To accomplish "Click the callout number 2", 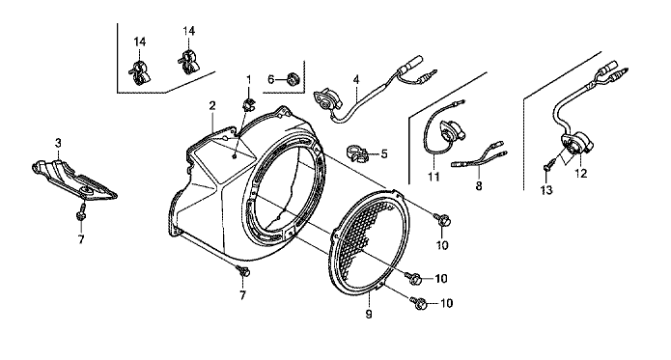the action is coord(211,105).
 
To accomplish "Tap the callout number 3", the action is coord(58,143).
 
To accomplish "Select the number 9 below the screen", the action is coord(369,315).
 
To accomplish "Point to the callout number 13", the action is coord(546,190).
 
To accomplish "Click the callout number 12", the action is coord(581,173).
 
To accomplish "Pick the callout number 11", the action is coord(433,177).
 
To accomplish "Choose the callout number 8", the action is coord(479,186).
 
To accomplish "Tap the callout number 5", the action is coord(384,153).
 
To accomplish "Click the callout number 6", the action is coord(270,79).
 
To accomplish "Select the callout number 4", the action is coord(356,79).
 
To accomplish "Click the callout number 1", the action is coord(249,79).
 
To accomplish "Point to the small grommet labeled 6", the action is coord(293,79).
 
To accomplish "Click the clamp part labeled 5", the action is coord(356,154).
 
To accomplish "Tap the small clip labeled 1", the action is coord(248,103).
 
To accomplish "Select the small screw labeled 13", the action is coord(548,165).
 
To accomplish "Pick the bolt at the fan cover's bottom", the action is coord(244,270).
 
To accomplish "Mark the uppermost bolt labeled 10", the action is coord(441,219).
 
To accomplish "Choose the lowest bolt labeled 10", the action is coord(419,303).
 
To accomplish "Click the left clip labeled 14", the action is coord(139,71).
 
